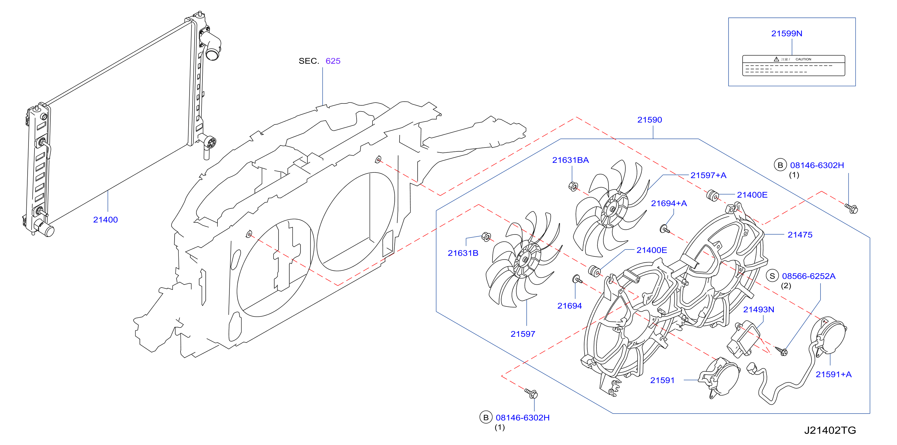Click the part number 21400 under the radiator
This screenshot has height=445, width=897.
coord(105,220)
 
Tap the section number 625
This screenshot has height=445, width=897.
coord(333,61)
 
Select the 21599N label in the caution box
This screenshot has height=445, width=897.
coord(787,33)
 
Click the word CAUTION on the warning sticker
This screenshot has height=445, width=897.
coord(803,59)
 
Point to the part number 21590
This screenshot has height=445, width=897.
coord(649,120)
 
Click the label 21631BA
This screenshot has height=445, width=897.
coord(570,160)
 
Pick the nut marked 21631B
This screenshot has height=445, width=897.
coord(486,237)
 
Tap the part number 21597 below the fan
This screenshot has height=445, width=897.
coord(523,334)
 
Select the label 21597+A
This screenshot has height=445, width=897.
coord(708,175)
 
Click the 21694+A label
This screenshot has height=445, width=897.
coord(669,203)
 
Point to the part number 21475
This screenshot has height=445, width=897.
coord(800,235)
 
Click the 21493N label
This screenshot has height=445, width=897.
coord(759,309)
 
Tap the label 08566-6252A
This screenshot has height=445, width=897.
coord(809,276)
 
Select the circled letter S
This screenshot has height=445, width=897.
coord(772,276)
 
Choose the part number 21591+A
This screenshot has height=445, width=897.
coord(833,374)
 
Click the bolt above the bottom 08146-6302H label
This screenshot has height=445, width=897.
coord(531,393)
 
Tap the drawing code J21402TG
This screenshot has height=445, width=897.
coord(830,430)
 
